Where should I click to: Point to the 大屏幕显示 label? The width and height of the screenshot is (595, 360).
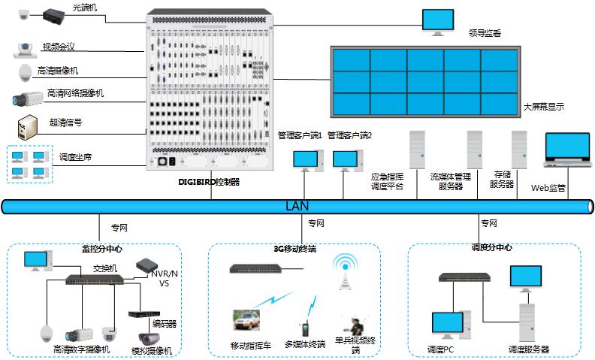543,107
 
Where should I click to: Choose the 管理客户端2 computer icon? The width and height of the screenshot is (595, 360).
346,159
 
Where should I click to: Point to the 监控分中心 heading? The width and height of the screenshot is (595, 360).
101,247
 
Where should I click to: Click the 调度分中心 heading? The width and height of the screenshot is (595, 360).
491,247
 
